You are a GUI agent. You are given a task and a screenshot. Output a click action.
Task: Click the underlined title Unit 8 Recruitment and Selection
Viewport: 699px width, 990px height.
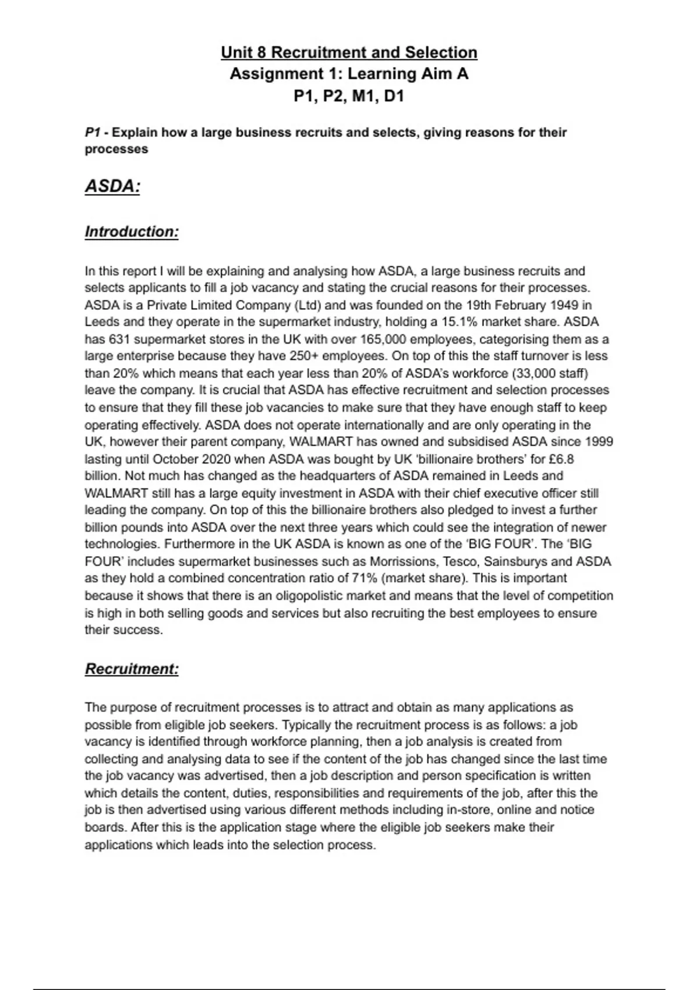click(x=349, y=52)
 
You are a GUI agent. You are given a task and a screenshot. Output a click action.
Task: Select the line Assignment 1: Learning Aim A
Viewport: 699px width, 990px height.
click(x=349, y=74)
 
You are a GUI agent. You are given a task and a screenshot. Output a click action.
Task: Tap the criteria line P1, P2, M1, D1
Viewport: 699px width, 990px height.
click(x=349, y=96)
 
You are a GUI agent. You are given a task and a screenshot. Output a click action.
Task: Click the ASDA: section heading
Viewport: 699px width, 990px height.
click(x=112, y=186)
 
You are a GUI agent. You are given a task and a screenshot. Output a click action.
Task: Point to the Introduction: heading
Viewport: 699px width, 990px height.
click(x=132, y=232)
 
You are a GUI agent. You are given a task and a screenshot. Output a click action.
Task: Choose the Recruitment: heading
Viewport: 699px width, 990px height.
click(x=132, y=669)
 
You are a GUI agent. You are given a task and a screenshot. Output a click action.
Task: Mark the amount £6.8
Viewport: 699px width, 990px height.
click(x=561, y=459)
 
